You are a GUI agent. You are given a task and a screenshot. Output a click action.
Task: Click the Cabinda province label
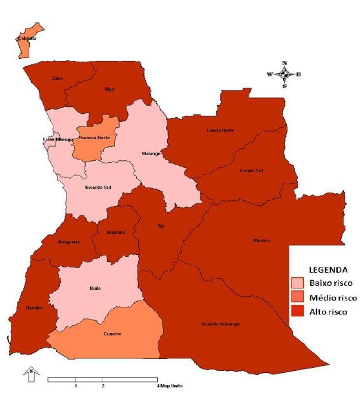(27, 39)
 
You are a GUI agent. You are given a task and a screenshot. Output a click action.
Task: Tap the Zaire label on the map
(57, 78)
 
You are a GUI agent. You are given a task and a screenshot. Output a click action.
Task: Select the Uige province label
(109, 89)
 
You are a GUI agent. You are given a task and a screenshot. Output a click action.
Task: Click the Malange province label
(151, 153)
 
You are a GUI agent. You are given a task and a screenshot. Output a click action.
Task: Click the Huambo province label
(115, 233)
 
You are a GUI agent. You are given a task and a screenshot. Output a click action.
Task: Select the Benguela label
(67, 243)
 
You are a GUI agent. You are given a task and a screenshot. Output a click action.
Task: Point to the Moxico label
(261, 240)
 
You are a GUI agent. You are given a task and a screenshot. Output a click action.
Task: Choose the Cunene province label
(113, 334)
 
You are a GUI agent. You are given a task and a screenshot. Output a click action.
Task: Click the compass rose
(284, 74)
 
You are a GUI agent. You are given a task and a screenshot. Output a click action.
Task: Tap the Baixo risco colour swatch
(298, 282)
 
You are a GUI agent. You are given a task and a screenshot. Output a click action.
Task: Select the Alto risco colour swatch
(298, 311)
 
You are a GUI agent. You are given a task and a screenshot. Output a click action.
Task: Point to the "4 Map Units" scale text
(172, 386)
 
